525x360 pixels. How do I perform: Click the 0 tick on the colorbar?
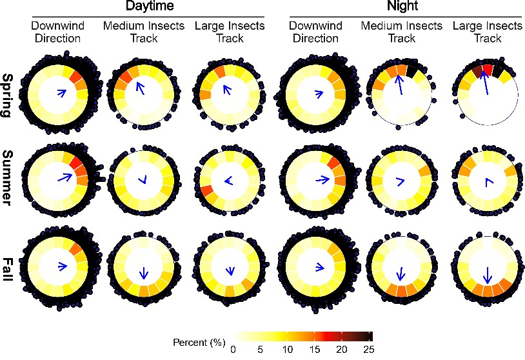click(233, 349)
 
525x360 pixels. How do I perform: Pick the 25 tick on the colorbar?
click(369, 349)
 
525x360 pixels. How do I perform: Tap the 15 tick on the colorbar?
click(315, 349)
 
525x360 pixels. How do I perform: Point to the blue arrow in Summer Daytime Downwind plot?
click(63, 177)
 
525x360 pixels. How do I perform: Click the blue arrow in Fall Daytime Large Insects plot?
click(228, 270)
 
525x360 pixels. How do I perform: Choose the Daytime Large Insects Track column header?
click(229, 32)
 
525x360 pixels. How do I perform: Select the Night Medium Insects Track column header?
click(401, 32)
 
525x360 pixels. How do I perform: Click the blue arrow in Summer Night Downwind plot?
click(321, 179)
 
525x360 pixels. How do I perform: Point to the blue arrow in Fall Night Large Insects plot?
click(488, 274)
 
